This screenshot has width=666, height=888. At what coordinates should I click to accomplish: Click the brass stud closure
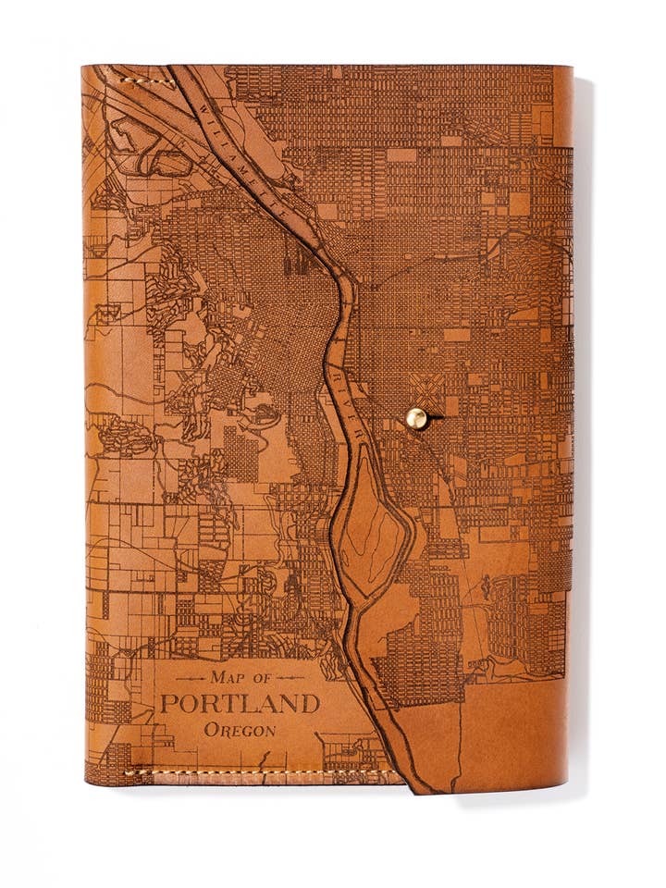click(x=416, y=419)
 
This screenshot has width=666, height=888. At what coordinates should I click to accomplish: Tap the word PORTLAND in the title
click(x=240, y=703)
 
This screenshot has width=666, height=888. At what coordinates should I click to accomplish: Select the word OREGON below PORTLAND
click(x=240, y=730)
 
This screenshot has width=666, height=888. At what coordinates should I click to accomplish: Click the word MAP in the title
click(x=228, y=677)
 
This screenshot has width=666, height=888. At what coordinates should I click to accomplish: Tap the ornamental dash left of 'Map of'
click(x=190, y=678)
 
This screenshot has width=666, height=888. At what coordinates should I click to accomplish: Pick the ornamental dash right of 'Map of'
click(x=293, y=678)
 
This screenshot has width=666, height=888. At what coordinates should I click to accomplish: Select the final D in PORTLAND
click(x=311, y=703)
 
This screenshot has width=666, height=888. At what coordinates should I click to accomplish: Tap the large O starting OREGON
click(x=210, y=730)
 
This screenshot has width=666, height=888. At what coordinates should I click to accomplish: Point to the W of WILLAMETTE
click(x=202, y=110)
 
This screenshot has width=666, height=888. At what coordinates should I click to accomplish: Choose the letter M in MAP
click(x=217, y=677)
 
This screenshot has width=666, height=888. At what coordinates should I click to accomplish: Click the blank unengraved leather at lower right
click(x=518, y=731)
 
